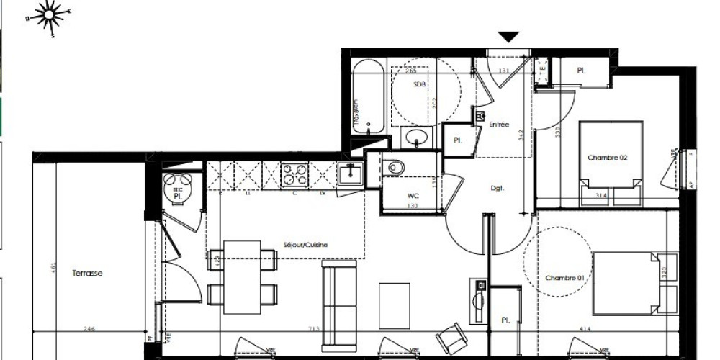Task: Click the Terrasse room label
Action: (87, 274)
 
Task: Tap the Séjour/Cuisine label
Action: (305, 245)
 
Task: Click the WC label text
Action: (413, 194)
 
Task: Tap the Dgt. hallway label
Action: (497, 189)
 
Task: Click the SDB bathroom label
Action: (419, 84)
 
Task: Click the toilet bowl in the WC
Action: (397, 167)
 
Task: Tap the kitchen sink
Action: (351, 174)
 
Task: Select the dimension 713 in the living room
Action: (293, 329)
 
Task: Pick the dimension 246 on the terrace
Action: (88, 329)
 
